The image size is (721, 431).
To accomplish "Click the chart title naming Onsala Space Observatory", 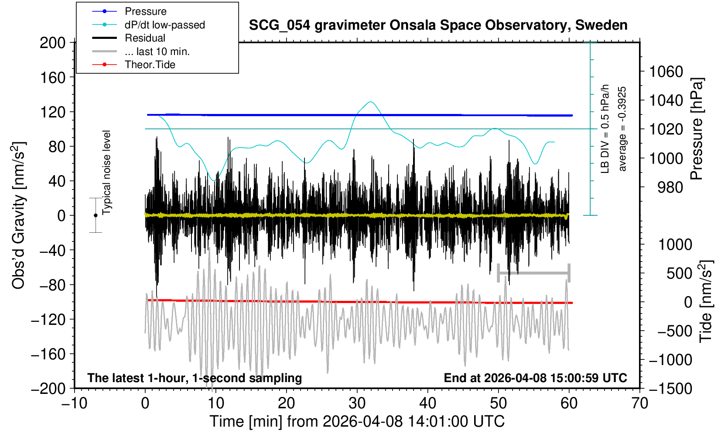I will click(438, 25).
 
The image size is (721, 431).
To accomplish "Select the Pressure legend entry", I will click(145, 11).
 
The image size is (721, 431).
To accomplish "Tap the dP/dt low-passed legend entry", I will click(164, 25).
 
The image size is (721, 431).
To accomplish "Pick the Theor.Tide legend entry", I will click(150, 65).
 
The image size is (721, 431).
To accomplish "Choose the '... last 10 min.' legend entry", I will click(157, 52).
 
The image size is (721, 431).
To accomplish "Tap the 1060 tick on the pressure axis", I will click(666, 71).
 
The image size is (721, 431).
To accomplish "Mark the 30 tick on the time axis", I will click(357, 403).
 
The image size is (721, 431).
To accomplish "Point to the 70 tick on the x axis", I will click(639, 403).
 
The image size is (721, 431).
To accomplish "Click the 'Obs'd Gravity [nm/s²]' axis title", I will click(19, 215).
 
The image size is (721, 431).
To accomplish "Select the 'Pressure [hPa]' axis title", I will click(697, 129).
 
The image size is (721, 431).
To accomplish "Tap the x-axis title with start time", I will click(357, 421).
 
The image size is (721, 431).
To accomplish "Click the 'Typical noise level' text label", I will click(106, 172).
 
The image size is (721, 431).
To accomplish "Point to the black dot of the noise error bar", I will click(96, 215).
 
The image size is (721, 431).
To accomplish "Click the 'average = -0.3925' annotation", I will click(622, 129).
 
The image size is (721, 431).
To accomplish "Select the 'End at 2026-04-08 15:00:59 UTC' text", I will click(535, 378).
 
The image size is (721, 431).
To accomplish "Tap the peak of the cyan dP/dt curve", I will click(371, 102).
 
